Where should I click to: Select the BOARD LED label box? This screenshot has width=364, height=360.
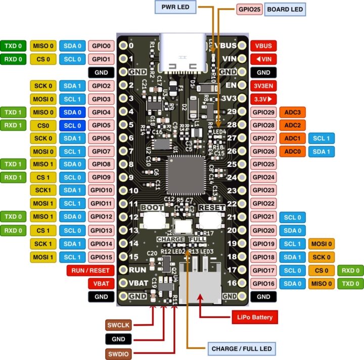coord(285,9)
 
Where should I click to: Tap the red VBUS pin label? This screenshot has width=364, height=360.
coord(264,46)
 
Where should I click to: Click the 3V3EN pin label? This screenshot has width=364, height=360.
coord(264,85)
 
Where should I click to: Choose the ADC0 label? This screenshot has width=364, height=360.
coord(293,151)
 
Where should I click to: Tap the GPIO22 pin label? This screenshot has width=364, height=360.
coord(264,204)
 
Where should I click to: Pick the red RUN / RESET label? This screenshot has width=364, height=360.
coord(88,270)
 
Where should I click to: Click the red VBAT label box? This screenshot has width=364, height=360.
coord(101,283)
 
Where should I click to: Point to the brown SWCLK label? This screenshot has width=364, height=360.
coord(118,325)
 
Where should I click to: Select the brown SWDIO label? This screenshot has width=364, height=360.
coord(118,353)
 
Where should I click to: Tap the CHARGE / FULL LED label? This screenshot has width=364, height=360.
coord(241,348)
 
